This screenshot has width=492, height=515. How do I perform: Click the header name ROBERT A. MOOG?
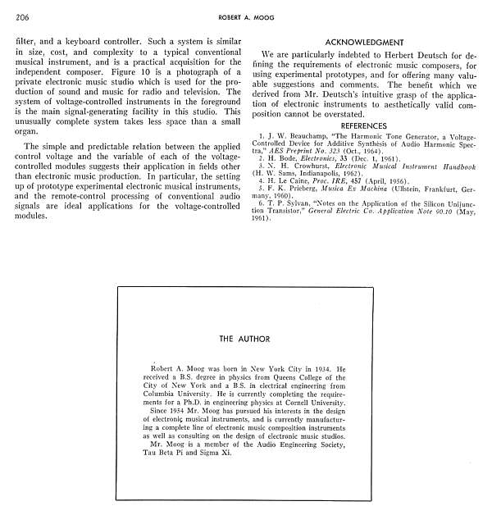click(x=245, y=16)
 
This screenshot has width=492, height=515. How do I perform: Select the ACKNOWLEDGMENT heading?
click(x=363, y=42)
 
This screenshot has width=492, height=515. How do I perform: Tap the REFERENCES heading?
click(x=363, y=125)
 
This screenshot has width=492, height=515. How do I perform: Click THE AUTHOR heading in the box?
click(x=244, y=338)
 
